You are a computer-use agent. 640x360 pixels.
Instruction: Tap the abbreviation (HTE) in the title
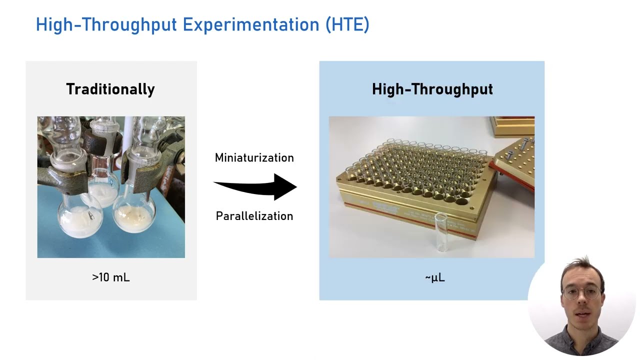point(347,24)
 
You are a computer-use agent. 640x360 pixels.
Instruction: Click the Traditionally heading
point(110,89)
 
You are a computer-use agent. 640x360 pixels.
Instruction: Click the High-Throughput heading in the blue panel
point(432,89)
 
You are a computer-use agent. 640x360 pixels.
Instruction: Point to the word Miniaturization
point(254,158)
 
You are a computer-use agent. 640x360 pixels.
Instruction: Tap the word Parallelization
point(254,216)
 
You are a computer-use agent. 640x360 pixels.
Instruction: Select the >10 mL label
point(110,277)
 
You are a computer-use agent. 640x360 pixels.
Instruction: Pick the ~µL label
point(434,277)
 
